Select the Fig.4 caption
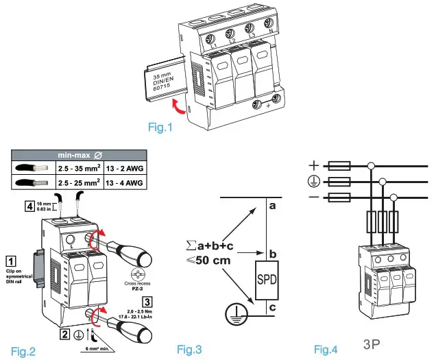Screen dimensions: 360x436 tap(326, 350)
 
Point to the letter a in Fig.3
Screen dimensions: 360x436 tap(272, 206)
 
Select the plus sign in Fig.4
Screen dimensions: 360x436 tap(315, 165)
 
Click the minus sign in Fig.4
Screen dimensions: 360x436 tap(315, 198)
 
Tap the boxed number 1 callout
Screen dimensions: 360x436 tap(11, 261)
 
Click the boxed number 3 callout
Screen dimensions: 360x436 tap(147, 300)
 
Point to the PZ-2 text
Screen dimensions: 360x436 tap(133, 289)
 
